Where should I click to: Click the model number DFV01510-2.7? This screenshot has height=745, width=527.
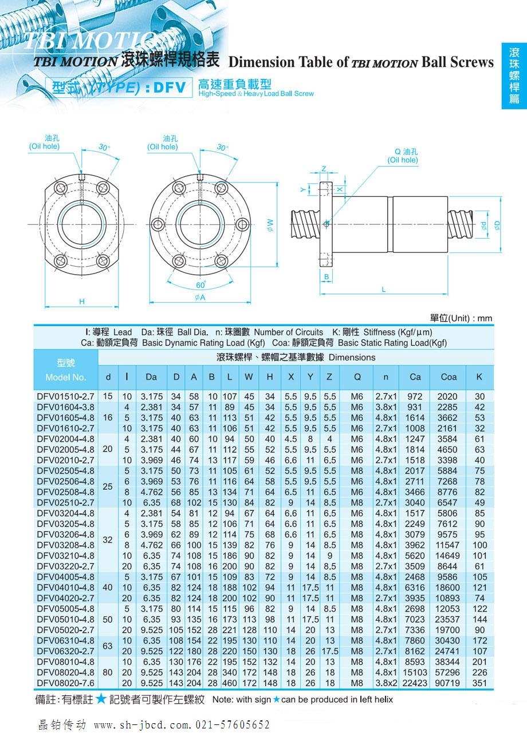coord(65,397)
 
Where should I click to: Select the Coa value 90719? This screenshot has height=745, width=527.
coord(449,683)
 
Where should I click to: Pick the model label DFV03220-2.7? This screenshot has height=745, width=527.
coord(65,566)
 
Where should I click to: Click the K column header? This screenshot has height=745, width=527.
coord(479,377)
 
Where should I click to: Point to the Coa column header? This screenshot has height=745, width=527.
coord(449,377)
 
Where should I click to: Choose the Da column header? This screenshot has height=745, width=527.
coord(151,377)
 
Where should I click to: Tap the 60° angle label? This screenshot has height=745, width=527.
coord(200,284)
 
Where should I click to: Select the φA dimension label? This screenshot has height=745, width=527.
coord(200,297)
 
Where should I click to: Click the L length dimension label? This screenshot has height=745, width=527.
coord(384,290)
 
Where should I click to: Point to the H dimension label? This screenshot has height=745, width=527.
coord(82,302)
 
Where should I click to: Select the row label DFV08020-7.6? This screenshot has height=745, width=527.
coord(65,683)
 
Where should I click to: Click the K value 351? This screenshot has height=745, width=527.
coord(479,683)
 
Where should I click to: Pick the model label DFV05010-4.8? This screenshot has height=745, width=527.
coord(65,619)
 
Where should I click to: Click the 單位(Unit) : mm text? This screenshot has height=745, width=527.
coord(461,318)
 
